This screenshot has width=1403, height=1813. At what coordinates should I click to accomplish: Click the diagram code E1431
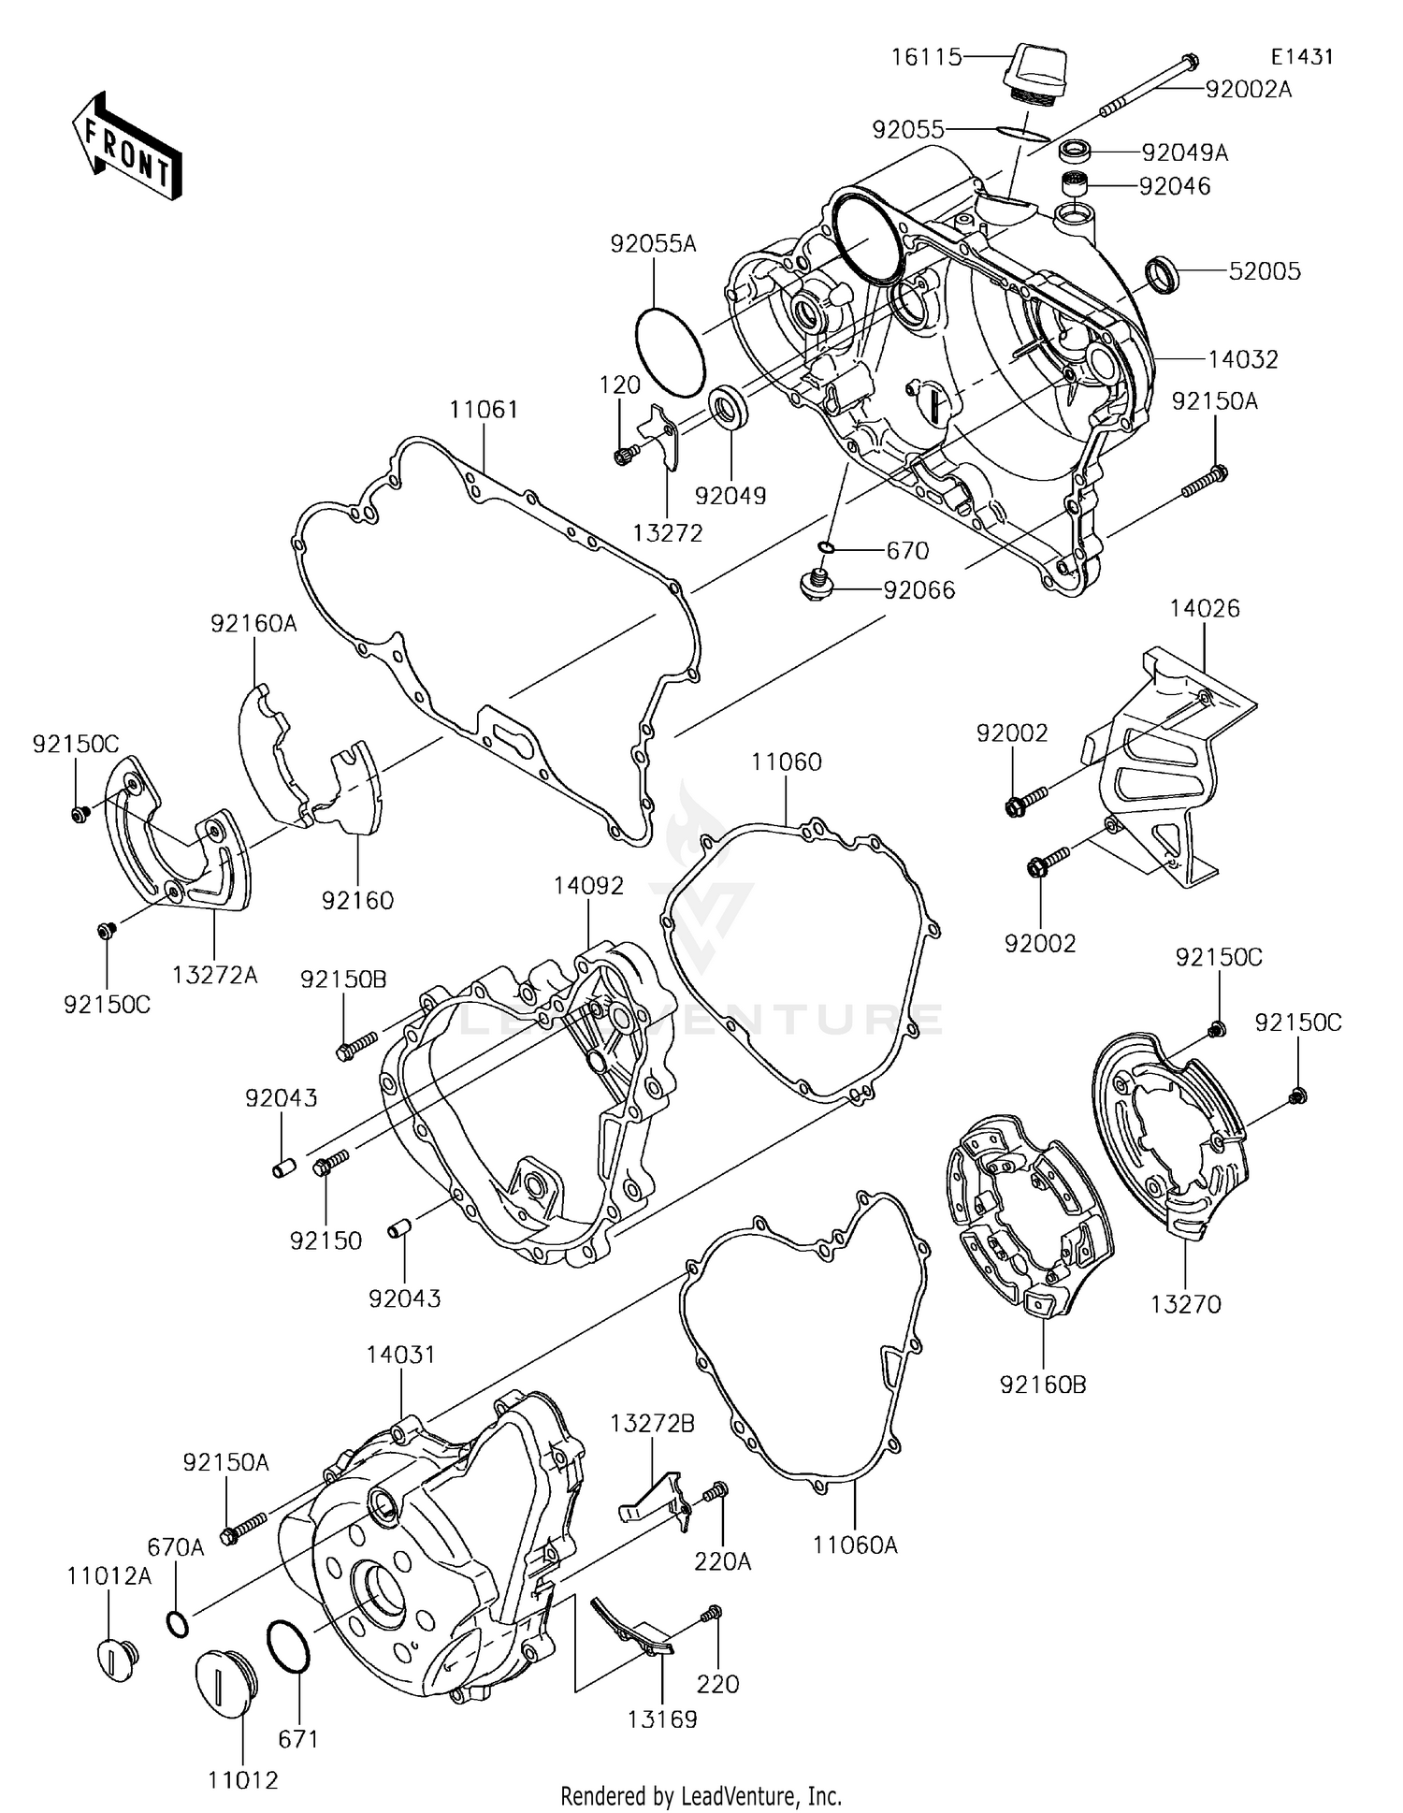(x=1301, y=57)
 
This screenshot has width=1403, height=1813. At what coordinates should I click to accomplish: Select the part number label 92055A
(x=653, y=244)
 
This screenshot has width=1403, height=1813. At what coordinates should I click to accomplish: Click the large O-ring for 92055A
(x=670, y=351)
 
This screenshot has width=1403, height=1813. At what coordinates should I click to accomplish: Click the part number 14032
(x=1242, y=359)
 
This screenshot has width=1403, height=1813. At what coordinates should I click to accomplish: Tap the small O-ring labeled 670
(x=826, y=547)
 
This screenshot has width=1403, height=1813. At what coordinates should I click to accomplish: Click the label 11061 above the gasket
(x=483, y=410)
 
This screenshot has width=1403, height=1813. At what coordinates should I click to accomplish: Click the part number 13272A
(x=214, y=975)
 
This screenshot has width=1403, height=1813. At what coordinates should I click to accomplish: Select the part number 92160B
(x=1043, y=1385)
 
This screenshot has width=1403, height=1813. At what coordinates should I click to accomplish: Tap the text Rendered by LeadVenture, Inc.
(x=701, y=1795)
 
